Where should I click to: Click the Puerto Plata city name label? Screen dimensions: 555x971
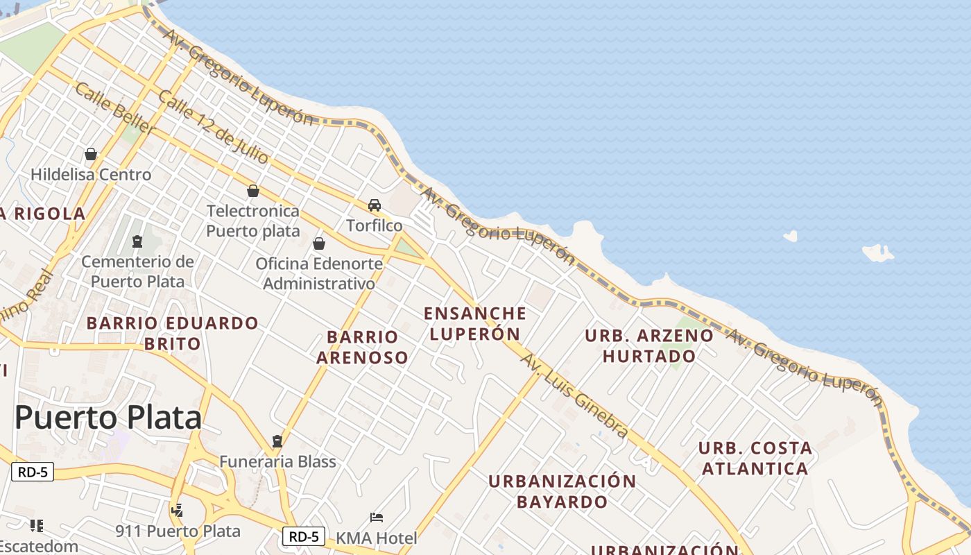tap(108, 418)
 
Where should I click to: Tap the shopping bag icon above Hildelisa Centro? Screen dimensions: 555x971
tap(91, 154)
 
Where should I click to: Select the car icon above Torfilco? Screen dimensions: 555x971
tap(375, 205)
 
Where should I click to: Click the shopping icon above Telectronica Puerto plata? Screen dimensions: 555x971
tap(253, 191)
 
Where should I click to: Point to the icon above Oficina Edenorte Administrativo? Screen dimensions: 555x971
tap(319, 244)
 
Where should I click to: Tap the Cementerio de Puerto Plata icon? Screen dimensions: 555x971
tap(137, 241)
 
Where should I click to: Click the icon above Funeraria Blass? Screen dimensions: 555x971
tap(277, 441)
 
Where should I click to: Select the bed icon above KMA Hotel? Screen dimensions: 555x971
tap(377, 518)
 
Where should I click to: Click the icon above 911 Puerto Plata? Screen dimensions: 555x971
tap(178, 511)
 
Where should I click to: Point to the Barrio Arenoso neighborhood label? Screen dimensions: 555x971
tap(362, 347)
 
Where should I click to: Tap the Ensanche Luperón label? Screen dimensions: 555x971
tap(475, 323)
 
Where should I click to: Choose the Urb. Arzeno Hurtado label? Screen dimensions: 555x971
tap(649, 345)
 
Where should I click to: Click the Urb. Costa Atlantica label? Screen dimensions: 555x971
tap(755, 458)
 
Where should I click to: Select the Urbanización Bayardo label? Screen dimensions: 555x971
tap(562, 491)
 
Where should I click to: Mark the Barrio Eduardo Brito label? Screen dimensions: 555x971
tap(172, 333)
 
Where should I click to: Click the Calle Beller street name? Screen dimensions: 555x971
tap(115, 108)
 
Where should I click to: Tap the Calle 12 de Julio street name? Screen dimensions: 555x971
tap(213, 126)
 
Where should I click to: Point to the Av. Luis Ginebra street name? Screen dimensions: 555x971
tap(575, 396)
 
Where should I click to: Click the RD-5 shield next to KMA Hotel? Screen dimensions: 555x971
tap(304, 536)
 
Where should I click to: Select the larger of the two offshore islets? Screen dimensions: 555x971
tap(878, 253)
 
